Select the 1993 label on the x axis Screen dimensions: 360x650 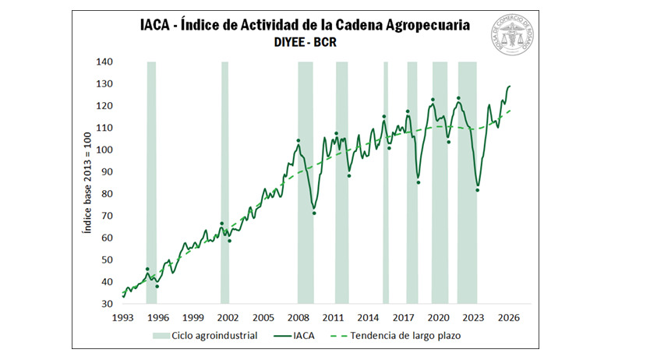click(123, 318)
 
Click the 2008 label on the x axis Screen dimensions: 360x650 click(298, 318)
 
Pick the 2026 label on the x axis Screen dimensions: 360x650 click(509, 318)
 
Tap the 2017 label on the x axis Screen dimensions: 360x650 click(403, 318)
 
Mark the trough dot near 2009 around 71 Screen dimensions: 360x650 click(314, 214)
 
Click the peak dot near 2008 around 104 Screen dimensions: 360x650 click(298, 141)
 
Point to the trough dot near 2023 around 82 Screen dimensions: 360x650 click(477, 190)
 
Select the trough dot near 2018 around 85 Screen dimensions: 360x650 click(419, 182)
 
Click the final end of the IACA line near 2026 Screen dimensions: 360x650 click(510, 86)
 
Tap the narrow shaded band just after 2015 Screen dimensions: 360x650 click(385, 182)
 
